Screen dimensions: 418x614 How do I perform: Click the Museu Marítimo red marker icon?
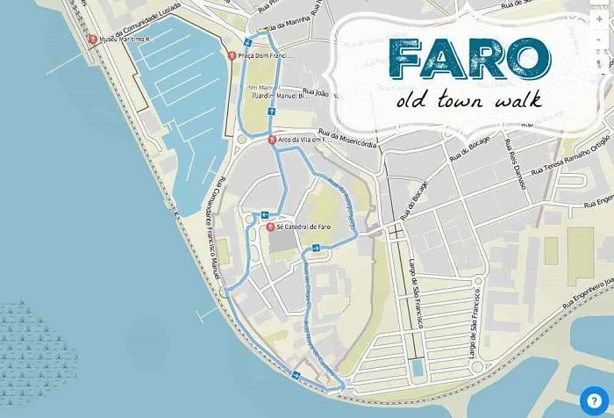[93, 39]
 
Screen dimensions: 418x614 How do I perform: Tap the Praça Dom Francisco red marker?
[231, 55]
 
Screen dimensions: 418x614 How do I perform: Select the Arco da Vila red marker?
[272, 140]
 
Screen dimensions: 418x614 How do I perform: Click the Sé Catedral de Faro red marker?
[271, 227]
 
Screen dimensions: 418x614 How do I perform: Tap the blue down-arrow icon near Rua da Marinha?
[247, 41]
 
